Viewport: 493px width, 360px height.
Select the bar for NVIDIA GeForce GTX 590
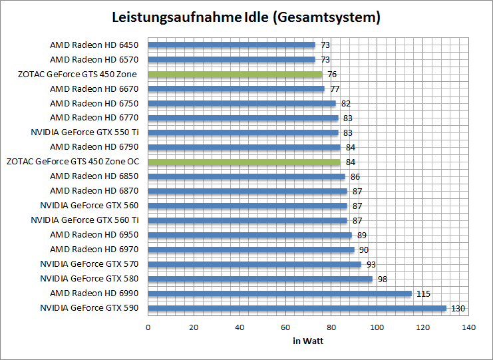297,308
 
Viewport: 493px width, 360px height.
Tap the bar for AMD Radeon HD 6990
279,293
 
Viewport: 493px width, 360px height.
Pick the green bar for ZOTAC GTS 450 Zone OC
244,162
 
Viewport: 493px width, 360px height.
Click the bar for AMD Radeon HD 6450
232,45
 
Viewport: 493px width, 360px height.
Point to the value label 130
458,308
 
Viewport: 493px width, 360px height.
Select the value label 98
383,279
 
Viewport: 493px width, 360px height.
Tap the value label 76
332,75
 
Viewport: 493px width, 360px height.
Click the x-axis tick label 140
469,327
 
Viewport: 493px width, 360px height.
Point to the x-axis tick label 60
285,327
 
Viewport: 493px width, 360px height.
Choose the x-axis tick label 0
148,327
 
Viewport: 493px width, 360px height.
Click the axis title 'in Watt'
308,341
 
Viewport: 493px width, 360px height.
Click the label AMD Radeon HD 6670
94,89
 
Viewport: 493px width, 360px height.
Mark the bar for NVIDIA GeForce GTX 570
254,264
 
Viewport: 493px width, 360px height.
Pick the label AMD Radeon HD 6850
94,176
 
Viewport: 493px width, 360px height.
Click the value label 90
364,250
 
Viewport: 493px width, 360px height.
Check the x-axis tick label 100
377,327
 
